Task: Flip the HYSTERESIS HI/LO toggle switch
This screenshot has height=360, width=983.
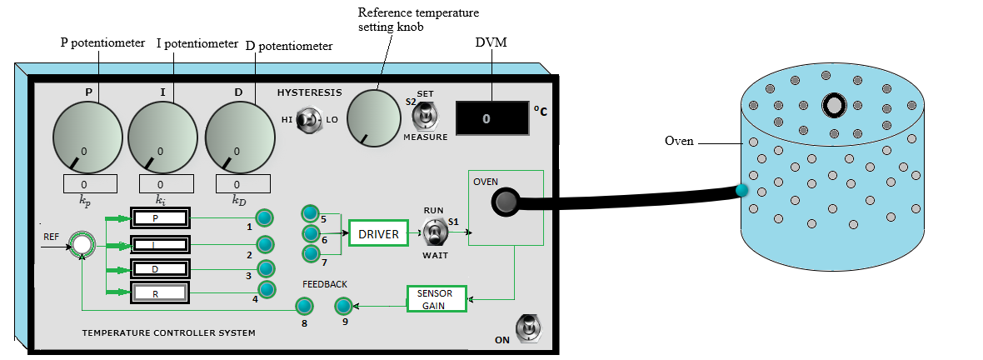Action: pos(310,120)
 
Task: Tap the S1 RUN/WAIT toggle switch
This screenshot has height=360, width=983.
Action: pos(433,232)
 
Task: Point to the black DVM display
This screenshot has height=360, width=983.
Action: pos(491,118)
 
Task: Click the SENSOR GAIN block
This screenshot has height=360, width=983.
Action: pos(436,298)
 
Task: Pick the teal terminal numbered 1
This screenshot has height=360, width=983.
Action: pos(264,217)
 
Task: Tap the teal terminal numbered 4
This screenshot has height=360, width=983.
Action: pos(267,289)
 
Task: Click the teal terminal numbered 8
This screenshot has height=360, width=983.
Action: pos(305,307)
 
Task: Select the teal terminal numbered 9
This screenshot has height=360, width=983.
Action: pos(343,306)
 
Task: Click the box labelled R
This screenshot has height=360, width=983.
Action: pos(159,293)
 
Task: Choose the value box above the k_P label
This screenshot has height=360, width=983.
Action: pos(90,183)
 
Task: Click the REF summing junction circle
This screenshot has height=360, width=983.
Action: pos(81,244)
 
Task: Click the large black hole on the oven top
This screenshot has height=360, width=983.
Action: pos(834,105)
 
